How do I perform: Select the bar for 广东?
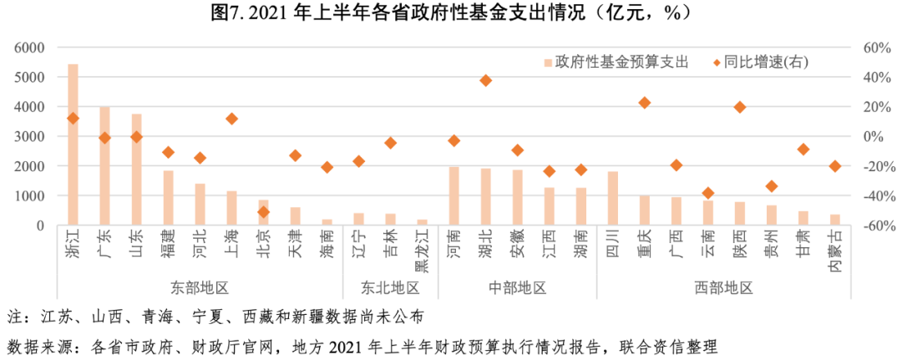pos(104,165)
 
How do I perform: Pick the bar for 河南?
pos(454,195)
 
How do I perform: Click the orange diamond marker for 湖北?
pos(485,80)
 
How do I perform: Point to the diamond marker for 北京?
pos(263,212)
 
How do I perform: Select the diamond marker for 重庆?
pos(644,103)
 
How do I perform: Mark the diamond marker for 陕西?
pos(739,107)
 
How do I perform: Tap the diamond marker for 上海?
pos(231,119)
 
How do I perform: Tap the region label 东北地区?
pos(390,288)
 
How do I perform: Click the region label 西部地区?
pos(723,288)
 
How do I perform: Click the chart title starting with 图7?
pos(450,14)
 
